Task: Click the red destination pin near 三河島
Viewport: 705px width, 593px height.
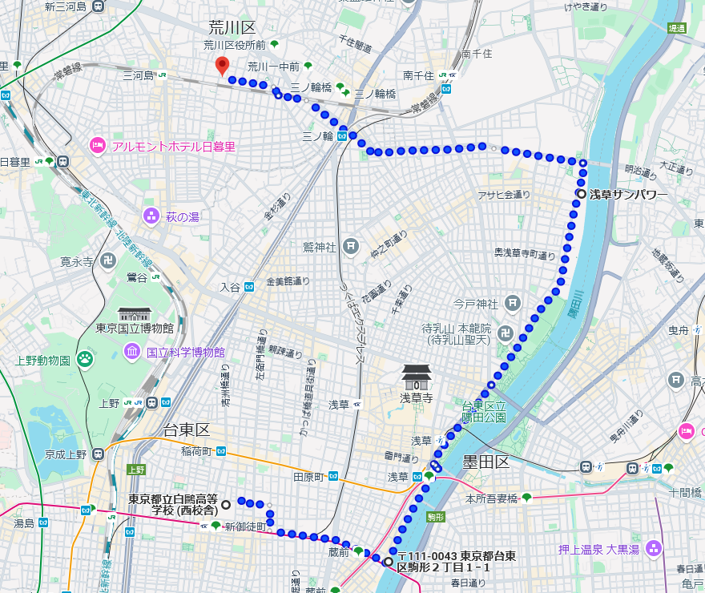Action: point(223,67)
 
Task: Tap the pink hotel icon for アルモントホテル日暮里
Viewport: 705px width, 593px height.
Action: point(97,146)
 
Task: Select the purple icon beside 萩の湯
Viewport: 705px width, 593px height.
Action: point(151,216)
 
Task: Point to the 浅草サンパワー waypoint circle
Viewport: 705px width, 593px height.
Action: point(581,194)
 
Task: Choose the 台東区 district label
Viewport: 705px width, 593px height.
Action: point(186,430)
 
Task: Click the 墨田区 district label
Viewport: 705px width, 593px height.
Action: point(485,462)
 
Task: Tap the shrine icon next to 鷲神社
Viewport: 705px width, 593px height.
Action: point(350,246)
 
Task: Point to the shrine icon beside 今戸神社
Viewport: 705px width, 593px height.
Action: point(513,304)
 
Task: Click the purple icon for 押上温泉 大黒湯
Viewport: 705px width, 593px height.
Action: point(655,548)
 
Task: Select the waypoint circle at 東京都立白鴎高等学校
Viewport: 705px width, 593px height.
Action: point(226,504)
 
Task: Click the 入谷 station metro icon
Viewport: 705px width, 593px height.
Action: point(249,286)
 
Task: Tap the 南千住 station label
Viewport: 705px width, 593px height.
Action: point(418,75)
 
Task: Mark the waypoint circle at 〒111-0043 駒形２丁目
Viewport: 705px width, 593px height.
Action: point(389,562)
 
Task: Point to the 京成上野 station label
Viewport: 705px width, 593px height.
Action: point(66,454)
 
